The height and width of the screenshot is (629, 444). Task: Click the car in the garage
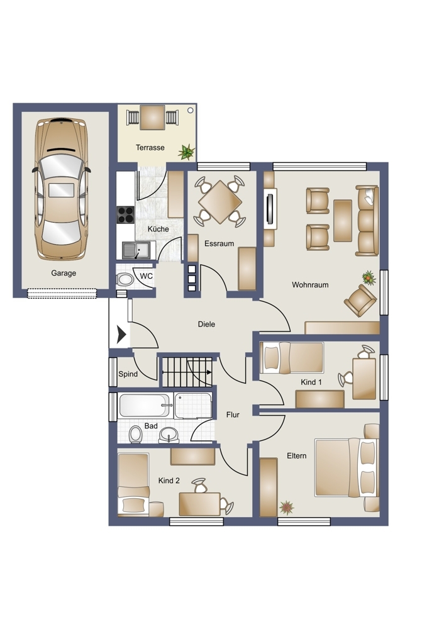(x=61, y=189)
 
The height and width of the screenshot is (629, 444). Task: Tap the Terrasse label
(x=150, y=148)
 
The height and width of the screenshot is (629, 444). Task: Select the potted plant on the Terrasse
(x=187, y=152)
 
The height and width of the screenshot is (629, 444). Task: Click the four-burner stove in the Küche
(x=125, y=214)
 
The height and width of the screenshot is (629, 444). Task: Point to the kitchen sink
(x=136, y=250)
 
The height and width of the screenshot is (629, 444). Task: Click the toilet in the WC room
(x=125, y=279)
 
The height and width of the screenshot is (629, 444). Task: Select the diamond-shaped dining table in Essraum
(x=219, y=202)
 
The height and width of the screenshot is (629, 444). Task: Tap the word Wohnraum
(x=310, y=285)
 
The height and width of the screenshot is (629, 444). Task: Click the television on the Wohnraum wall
(x=270, y=209)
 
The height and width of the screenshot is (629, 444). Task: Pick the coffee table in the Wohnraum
(x=343, y=221)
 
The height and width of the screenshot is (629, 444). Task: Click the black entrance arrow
(x=121, y=334)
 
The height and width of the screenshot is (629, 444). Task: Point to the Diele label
(x=206, y=324)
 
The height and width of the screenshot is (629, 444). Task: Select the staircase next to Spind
(x=187, y=372)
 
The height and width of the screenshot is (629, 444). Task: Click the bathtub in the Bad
(x=145, y=406)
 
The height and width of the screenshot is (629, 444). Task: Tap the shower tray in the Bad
(x=193, y=406)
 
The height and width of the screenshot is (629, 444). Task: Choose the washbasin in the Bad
(x=169, y=435)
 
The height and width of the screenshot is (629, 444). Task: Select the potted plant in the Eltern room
(x=286, y=508)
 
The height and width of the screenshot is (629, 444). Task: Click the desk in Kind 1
(x=364, y=379)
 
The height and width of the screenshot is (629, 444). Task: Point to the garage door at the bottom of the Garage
(x=62, y=294)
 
